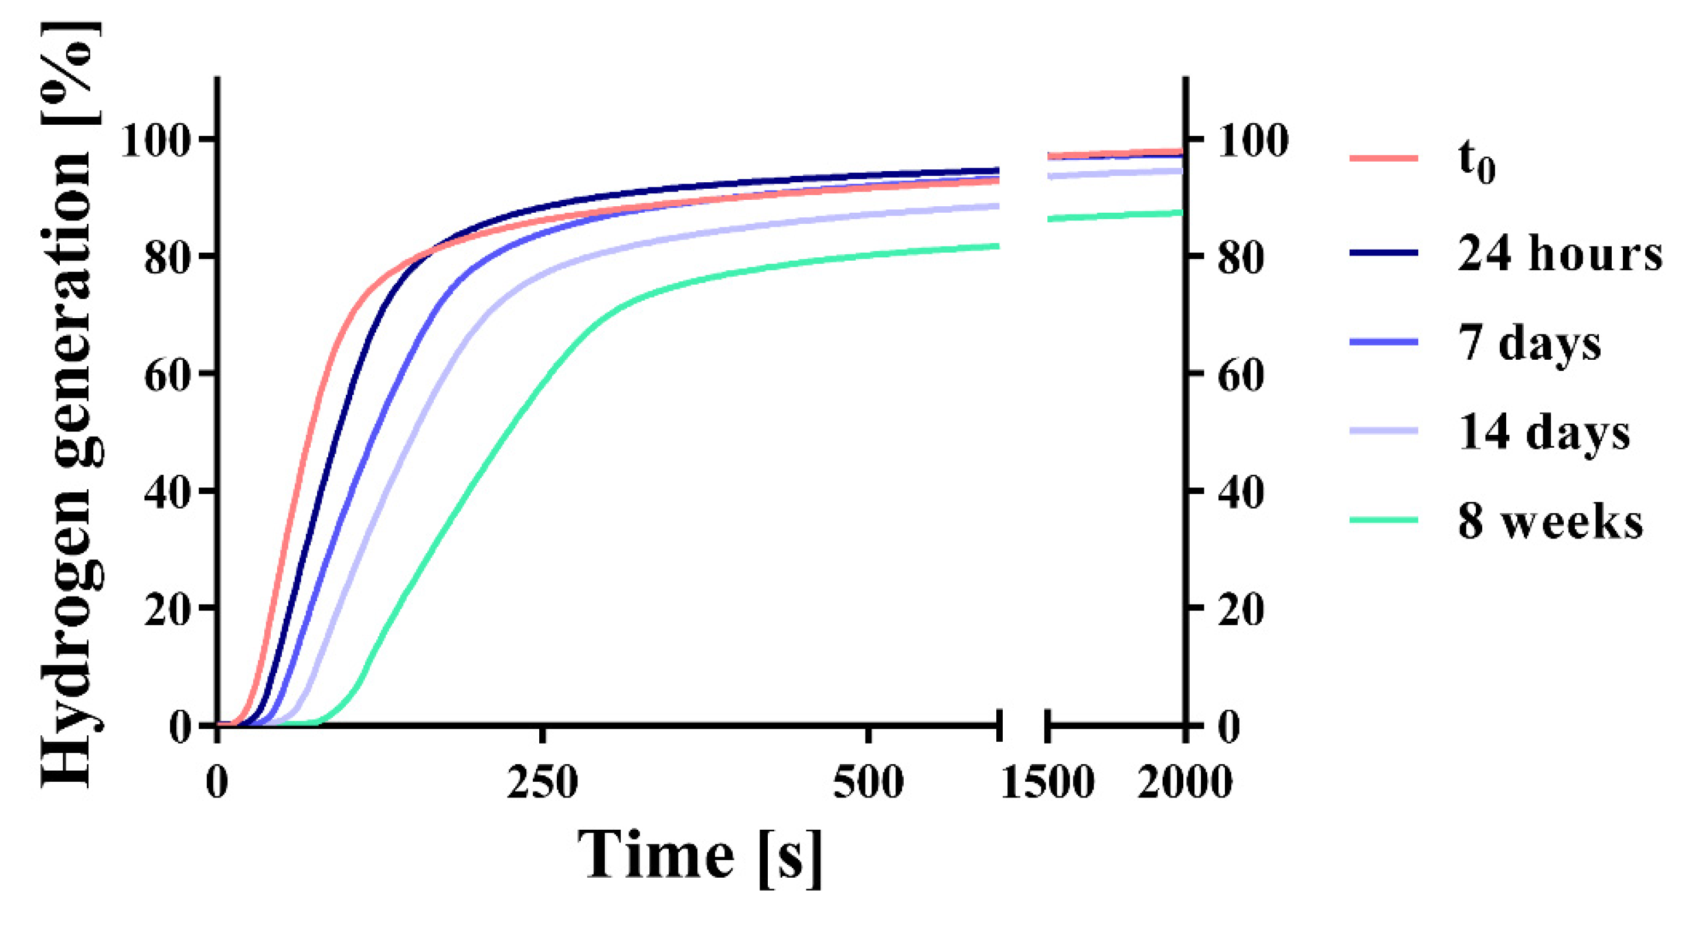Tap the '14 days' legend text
(1544, 432)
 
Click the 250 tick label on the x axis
(542, 782)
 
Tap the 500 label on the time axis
(868, 782)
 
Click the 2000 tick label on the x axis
(1184, 782)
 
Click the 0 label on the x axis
(217, 782)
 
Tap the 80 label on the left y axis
(165, 258)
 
